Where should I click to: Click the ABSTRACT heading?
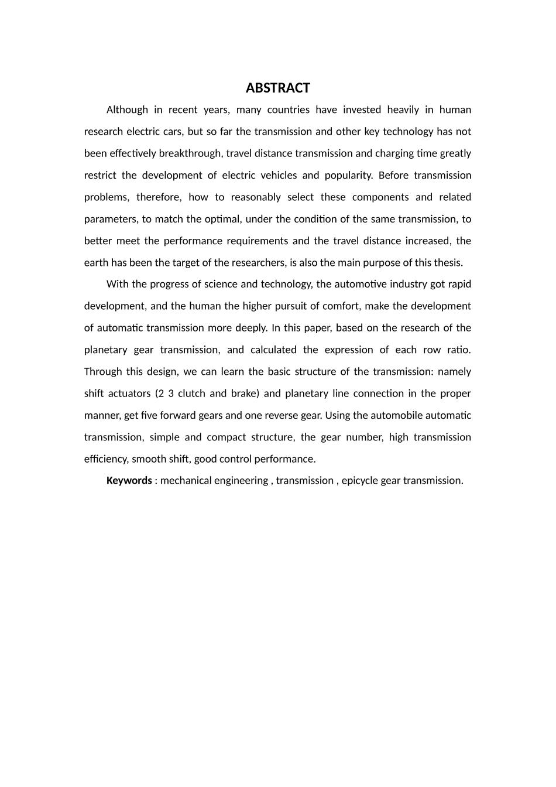click(x=277, y=88)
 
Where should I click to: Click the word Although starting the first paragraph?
click(x=127, y=110)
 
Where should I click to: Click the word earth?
click(x=96, y=262)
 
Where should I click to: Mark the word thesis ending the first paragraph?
click(x=449, y=262)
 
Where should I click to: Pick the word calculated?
click(x=273, y=350)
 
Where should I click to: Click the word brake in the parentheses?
click(x=245, y=393)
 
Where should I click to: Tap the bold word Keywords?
click(x=129, y=481)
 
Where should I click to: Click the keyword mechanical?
click(x=186, y=481)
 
